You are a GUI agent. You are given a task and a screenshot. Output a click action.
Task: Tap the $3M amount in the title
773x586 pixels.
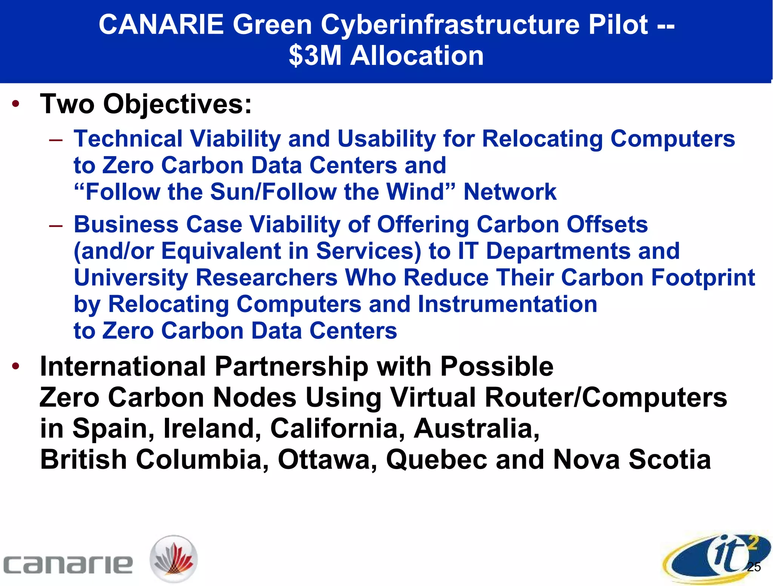(x=315, y=56)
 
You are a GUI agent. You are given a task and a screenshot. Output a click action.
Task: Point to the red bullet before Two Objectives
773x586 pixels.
(x=15, y=104)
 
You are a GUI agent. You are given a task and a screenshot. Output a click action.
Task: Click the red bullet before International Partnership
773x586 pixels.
(x=15, y=366)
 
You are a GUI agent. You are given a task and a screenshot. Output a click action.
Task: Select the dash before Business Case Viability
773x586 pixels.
(x=55, y=226)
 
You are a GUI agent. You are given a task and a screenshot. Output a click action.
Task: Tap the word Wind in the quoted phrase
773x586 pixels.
(x=419, y=192)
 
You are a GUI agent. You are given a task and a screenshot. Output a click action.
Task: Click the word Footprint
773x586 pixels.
(x=703, y=278)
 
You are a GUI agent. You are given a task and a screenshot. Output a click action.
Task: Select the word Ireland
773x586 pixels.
(x=212, y=429)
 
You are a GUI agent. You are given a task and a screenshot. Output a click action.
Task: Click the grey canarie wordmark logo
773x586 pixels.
(x=68, y=564)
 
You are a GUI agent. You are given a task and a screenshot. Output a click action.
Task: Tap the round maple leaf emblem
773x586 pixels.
(x=174, y=559)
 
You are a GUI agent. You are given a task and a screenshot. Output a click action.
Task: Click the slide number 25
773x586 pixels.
(x=754, y=567)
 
